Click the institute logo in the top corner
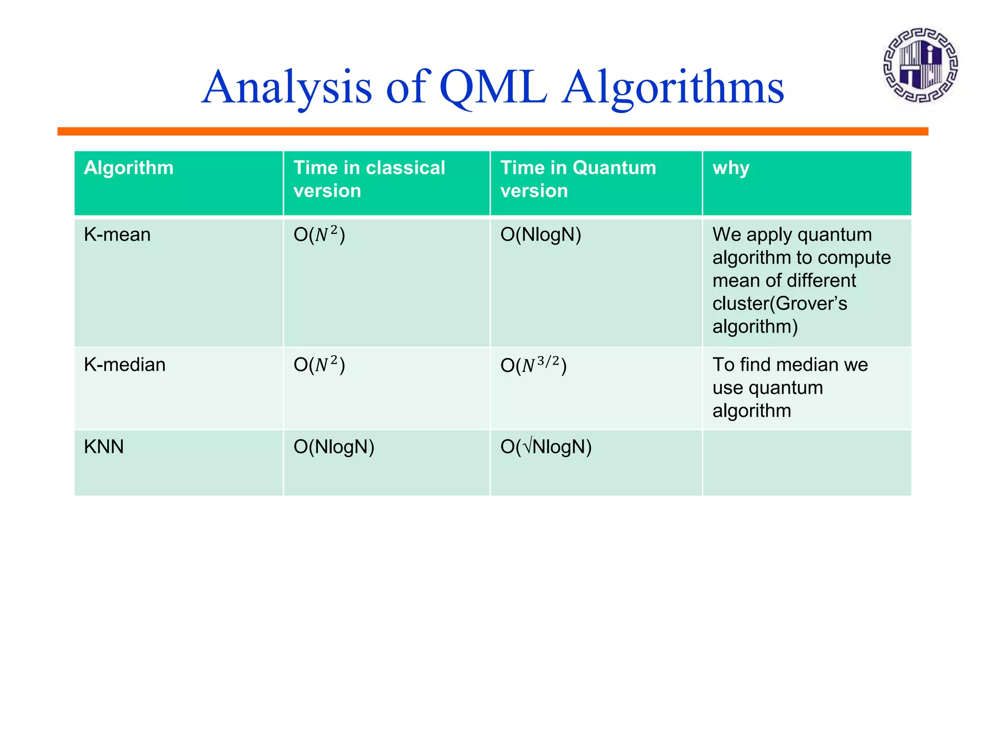tap(920, 65)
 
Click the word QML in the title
tap(493, 87)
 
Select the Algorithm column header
tap(129, 168)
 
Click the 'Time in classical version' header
tap(369, 179)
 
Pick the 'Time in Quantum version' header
tap(578, 179)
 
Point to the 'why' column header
tap(731, 168)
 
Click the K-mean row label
tap(117, 235)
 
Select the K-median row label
tap(124, 365)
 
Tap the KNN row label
tap(104, 446)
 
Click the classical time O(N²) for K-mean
tap(319, 235)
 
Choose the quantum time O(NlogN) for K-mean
tap(541, 235)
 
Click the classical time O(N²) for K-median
tap(319, 365)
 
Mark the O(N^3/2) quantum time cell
tap(533, 365)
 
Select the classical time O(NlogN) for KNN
tap(334, 446)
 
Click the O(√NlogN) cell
tap(545, 446)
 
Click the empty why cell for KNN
tap(806, 462)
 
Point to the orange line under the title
tap(493, 131)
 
